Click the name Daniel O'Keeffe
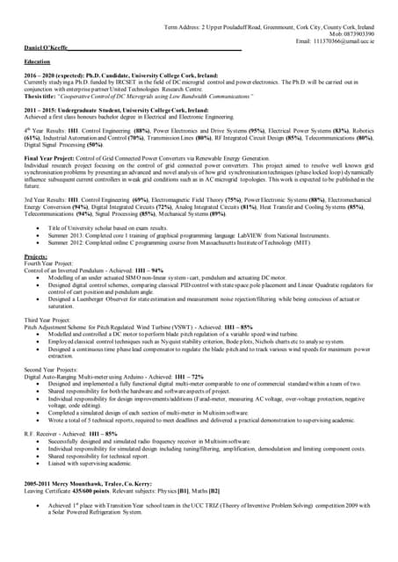47,47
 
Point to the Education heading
38,62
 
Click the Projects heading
36,256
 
